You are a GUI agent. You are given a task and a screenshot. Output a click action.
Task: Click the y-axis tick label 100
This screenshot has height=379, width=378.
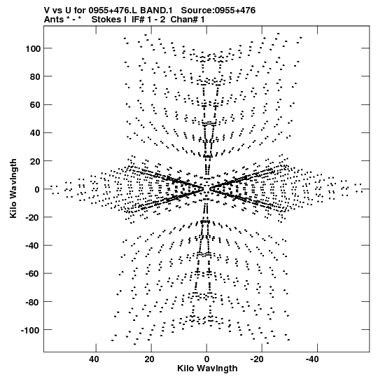[x=33, y=49]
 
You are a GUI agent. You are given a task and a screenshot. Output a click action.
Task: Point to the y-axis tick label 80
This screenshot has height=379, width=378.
[x=36, y=76]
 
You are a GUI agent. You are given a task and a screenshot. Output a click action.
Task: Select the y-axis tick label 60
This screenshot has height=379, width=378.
[x=36, y=105]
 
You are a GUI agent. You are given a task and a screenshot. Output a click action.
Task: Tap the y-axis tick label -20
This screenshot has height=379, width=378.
[x=34, y=218]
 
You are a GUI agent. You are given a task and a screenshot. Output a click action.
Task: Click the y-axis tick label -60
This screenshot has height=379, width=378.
[x=34, y=274]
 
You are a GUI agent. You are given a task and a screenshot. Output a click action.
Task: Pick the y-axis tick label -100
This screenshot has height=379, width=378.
[x=31, y=330]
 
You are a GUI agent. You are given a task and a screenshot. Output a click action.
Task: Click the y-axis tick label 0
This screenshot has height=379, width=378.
[x=37, y=189]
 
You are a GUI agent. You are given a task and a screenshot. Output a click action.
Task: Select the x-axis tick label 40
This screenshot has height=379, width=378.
[x=94, y=359]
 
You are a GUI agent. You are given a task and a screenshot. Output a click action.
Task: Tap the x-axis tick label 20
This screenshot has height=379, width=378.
[x=149, y=359]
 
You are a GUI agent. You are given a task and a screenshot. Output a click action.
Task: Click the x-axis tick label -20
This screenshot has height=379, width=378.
[x=257, y=359]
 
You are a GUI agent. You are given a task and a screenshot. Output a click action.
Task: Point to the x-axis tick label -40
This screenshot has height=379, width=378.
[x=312, y=359]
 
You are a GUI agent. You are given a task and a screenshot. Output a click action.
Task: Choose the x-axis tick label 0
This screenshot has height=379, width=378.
[x=206, y=359]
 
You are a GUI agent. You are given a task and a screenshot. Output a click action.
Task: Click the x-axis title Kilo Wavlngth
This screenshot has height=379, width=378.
[x=207, y=368]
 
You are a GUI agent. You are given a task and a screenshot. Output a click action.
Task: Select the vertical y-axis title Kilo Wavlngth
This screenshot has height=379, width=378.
[x=13, y=188]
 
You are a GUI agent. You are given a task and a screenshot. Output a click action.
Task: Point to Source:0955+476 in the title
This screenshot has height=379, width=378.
[x=218, y=11]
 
